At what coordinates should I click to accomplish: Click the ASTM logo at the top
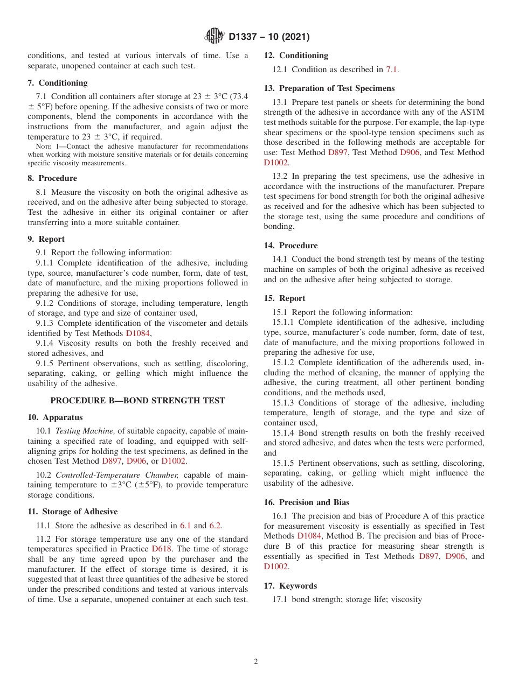click(215, 37)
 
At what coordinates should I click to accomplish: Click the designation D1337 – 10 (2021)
click(269, 37)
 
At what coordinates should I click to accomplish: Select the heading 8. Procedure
click(52, 178)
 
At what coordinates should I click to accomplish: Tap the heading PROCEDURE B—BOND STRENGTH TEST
click(137, 401)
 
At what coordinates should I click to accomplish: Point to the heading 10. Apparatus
click(55, 417)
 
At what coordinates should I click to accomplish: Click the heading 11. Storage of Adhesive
click(72, 512)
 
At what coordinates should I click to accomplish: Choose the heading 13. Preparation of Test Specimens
click(329, 88)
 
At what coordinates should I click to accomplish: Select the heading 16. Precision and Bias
click(307, 502)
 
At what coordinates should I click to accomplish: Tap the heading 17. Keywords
click(290, 586)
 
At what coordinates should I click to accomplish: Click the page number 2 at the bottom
click(256, 662)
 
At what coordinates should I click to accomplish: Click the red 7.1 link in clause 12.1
click(392, 69)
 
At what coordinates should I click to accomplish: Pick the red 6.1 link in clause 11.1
click(185, 526)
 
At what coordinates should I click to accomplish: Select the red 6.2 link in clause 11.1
click(215, 526)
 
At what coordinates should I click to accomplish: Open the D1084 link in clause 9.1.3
click(138, 333)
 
